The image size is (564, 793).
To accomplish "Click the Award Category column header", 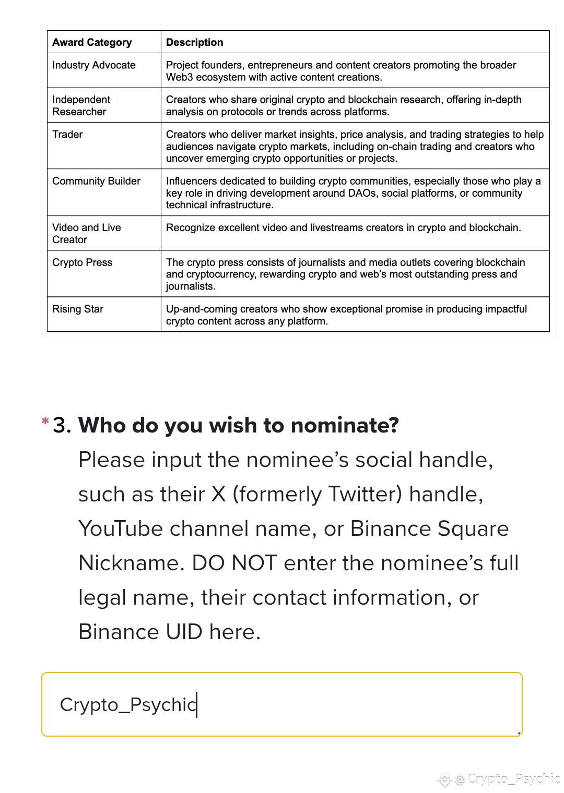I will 92,42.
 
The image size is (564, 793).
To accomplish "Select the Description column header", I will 194,42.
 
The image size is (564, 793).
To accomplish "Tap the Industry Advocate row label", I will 94,65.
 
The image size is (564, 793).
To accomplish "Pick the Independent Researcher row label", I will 81,105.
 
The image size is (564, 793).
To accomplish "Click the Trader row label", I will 67,135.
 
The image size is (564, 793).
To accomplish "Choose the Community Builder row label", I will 96,181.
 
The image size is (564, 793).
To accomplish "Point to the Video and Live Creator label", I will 87,233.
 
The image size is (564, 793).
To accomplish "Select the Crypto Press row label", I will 82,262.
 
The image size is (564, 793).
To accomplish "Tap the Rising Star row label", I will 78,309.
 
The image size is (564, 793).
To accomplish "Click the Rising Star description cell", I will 346,315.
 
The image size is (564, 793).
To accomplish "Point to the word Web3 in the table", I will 179,77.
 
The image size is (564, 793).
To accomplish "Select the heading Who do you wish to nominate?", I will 238,425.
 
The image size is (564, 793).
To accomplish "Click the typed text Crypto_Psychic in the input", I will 128,704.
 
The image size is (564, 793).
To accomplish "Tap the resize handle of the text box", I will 519,733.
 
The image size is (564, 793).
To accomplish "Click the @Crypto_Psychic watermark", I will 507,779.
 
